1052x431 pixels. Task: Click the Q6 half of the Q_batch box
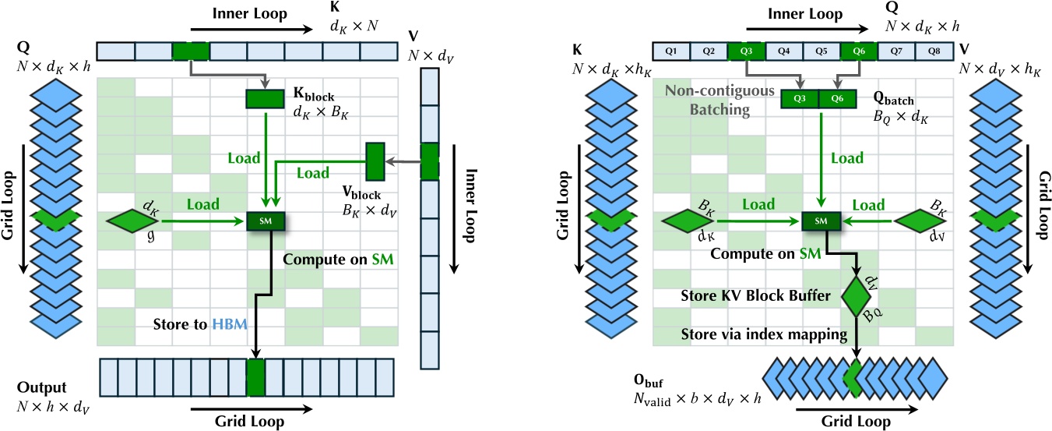837,99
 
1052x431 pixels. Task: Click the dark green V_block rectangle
375,161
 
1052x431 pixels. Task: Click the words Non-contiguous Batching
707,101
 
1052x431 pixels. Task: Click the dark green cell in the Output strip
255,380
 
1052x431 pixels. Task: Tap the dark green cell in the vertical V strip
430,161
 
